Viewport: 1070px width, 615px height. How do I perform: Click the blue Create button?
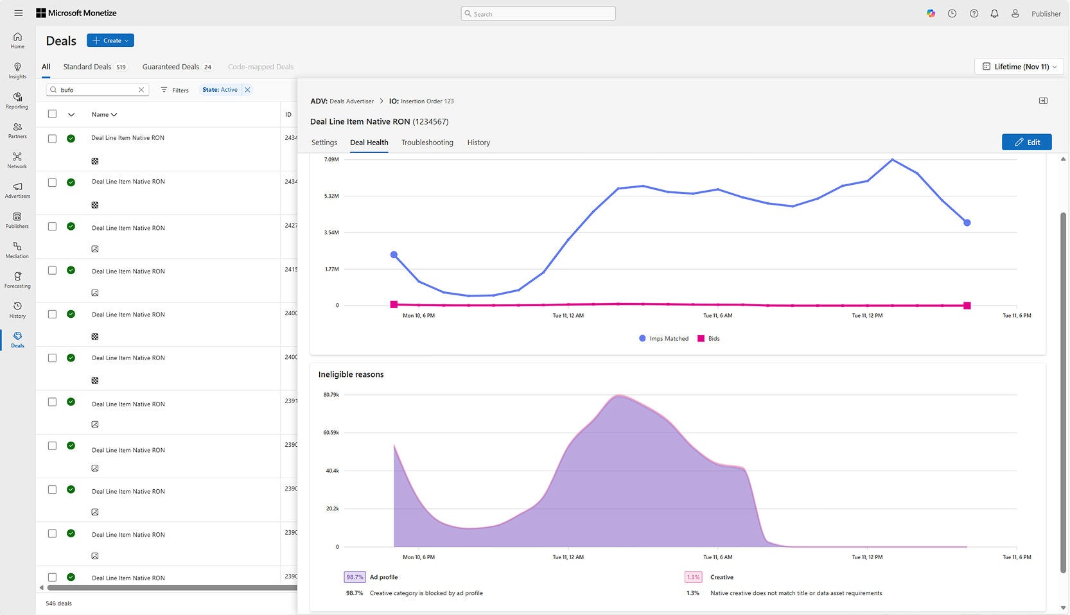tap(110, 40)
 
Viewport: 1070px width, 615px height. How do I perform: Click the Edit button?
tap(1026, 142)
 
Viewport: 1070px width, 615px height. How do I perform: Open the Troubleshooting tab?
tap(427, 143)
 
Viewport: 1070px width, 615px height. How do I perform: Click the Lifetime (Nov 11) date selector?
tap(1019, 67)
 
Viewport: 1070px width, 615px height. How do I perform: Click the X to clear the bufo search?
tap(141, 90)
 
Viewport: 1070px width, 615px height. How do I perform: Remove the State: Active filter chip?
tap(247, 90)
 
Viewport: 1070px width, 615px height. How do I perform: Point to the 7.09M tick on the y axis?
tap(331, 159)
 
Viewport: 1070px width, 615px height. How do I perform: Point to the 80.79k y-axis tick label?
tap(331, 395)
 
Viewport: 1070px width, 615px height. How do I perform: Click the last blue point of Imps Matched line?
tap(967, 223)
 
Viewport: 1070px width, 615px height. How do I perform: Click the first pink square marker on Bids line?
tap(394, 304)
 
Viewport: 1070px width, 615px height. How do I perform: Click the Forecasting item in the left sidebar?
tap(17, 279)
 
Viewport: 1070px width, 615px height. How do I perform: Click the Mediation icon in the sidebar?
tap(17, 247)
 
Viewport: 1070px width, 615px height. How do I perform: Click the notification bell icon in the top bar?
tap(994, 13)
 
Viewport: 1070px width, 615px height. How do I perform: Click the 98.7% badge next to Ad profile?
tap(355, 577)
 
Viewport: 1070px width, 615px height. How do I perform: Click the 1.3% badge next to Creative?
tap(693, 577)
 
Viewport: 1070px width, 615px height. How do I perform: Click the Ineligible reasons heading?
tap(351, 374)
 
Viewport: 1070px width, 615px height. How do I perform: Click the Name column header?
tap(103, 114)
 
